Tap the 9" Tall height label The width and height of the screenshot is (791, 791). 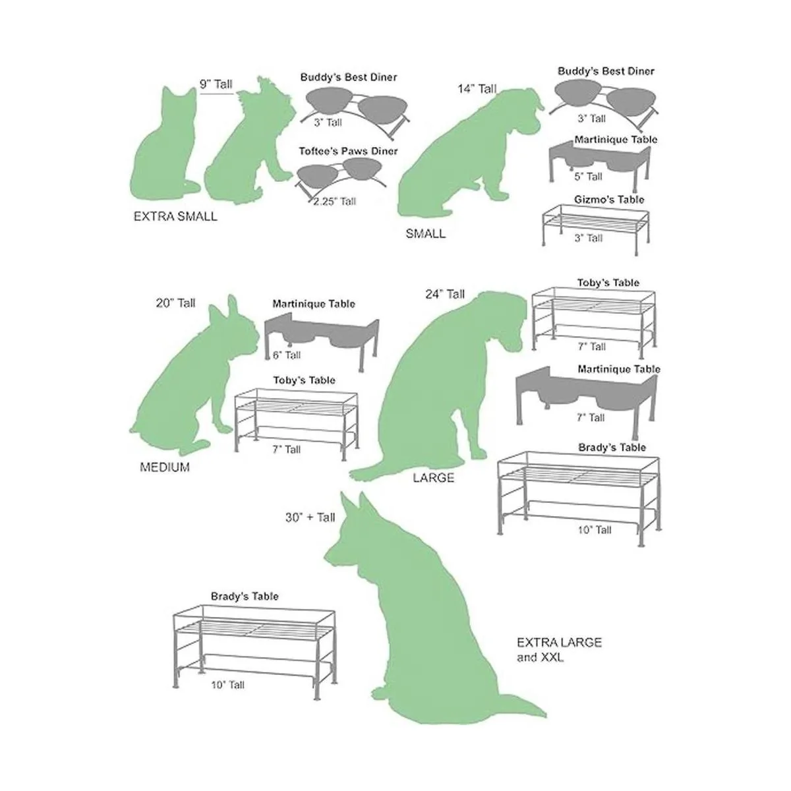(x=216, y=84)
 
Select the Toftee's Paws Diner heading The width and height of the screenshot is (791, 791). (x=348, y=151)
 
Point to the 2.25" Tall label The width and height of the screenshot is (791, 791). (x=335, y=202)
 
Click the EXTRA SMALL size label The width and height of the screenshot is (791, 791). (x=175, y=216)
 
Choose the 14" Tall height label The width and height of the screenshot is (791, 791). (x=477, y=89)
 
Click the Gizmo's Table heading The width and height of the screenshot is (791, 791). (x=609, y=200)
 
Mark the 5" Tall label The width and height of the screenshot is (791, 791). (x=588, y=177)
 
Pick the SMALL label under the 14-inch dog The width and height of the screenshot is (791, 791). (x=425, y=233)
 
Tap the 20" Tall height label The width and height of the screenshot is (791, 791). (x=175, y=303)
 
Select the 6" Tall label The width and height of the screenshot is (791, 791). (x=287, y=355)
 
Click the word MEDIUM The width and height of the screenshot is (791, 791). (x=165, y=467)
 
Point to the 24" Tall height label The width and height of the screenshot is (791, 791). (x=445, y=294)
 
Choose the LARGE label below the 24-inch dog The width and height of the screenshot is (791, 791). (x=434, y=478)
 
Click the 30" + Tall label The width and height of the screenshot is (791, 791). (x=310, y=517)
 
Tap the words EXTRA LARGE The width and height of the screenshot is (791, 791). (x=559, y=643)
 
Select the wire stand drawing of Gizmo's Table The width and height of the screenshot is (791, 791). (x=596, y=230)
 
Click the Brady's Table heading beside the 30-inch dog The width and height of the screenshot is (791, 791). (x=245, y=597)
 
